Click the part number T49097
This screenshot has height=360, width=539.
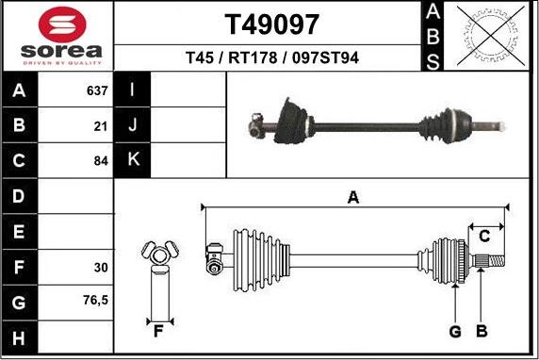pos(272,25)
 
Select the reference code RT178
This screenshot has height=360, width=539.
pos(253,57)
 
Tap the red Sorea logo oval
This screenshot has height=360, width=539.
pos(62,25)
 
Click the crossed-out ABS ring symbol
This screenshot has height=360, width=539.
pos(491,36)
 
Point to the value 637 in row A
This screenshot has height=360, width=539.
pos(97,90)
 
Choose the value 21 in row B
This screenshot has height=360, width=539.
pos(101,126)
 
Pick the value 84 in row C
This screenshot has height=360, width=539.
pos(101,160)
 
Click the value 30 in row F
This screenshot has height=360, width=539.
pos(101,267)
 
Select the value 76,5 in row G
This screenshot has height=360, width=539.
pos(95,301)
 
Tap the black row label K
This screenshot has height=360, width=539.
pos(132,159)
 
